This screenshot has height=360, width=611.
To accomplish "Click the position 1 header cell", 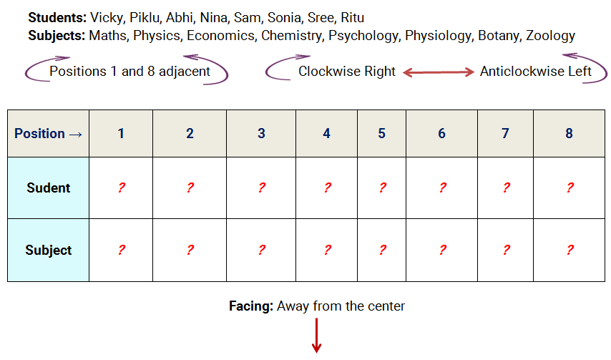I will [121, 134].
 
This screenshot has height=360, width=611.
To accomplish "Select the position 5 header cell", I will [382, 134].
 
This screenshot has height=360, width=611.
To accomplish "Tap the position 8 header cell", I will [570, 134].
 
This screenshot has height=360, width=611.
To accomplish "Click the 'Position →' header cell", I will [49, 134].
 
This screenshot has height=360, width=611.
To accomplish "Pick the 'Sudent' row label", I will [49, 188].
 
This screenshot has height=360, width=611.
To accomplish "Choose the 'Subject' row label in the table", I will [49, 250].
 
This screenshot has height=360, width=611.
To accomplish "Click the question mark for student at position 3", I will [261, 188].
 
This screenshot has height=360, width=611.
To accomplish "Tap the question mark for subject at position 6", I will [442, 250].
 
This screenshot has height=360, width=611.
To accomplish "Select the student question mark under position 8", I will [570, 188].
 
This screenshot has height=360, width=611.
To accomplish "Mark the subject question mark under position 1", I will [121, 250].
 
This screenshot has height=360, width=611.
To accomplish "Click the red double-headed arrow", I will [439, 72].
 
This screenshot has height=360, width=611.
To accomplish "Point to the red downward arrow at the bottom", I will [315, 336].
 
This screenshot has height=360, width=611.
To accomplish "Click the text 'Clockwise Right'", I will [346, 72].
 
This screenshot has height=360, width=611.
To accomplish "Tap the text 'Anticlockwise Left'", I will [535, 72].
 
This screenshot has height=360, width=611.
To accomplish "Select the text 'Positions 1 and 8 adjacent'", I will [129, 72].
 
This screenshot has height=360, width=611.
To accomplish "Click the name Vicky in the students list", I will [107, 18].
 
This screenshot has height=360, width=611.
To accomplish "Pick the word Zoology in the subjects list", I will [550, 35].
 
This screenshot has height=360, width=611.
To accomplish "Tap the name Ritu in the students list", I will [353, 18].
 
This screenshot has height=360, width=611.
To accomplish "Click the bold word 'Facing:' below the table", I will [250, 306].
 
